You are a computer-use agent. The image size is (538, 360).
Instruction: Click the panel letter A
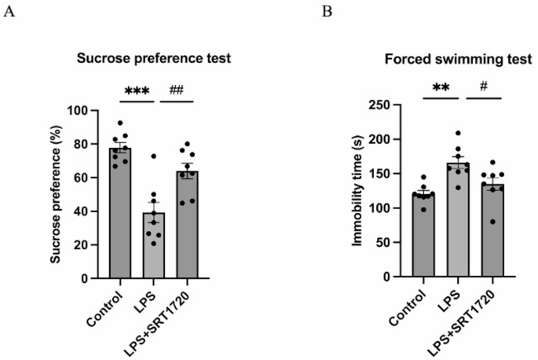pyautogui.click(x=9, y=13)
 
